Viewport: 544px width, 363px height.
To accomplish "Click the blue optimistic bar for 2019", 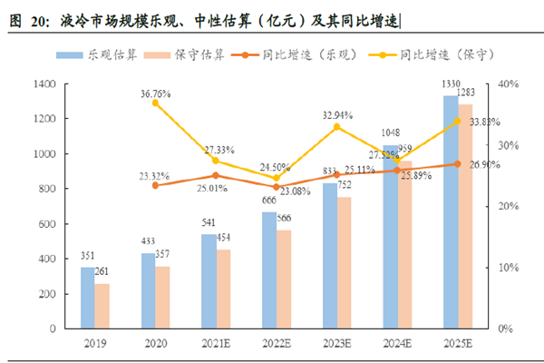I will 87,298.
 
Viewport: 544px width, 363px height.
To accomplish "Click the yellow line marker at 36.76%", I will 155,103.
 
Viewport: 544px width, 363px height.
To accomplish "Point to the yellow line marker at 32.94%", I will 337,127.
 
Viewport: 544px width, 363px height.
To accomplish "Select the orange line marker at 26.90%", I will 458,164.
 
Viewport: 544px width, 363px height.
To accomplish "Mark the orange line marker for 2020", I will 155,185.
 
